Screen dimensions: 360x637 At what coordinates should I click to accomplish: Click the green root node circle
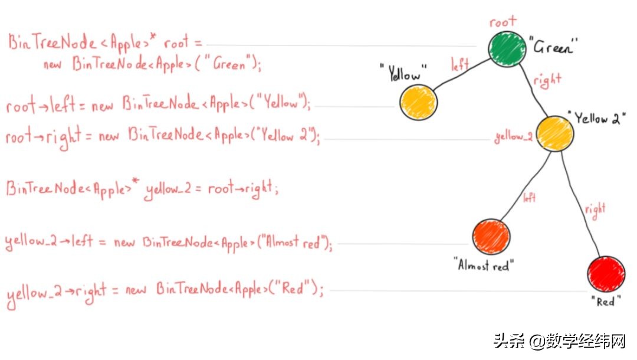pyautogui.click(x=507, y=48)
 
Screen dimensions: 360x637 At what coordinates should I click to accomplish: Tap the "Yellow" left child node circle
pyautogui.click(x=418, y=102)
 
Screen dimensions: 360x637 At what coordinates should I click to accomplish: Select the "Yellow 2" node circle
pyautogui.click(x=554, y=133)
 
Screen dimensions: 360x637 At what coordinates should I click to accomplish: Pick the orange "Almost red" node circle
pyautogui.click(x=491, y=236)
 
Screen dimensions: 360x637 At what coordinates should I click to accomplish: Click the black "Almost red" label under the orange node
pyautogui.click(x=483, y=266)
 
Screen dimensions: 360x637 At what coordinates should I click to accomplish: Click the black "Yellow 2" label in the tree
pyautogui.click(x=600, y=117)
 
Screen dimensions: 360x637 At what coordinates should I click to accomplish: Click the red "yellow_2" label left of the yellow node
pyautogui.click(x=514, y=138)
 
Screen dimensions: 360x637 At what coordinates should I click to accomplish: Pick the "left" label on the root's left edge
pyautogui.click(x=460, y=64)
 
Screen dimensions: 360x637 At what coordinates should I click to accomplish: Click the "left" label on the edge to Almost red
pyautogui.click(x=529, y=198)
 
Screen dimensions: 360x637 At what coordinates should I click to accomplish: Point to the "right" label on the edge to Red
pyautogui.click(x=595, y=209)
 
